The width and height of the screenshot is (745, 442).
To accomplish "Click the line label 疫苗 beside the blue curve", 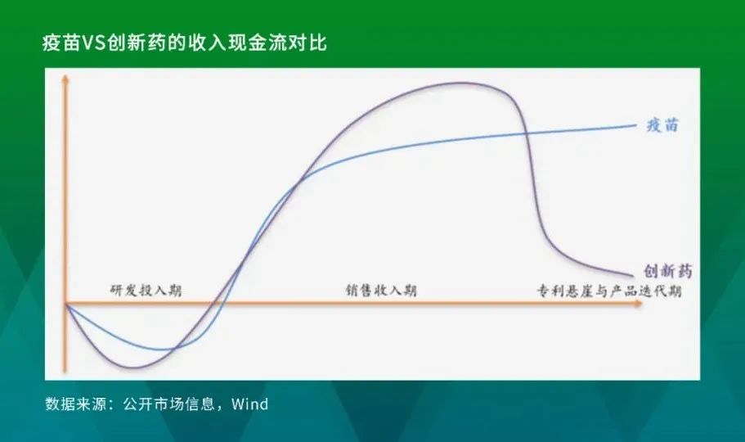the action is point(662,125).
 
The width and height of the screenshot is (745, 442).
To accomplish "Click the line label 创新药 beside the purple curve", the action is point(667,271).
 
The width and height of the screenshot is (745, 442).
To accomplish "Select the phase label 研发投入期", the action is point(146,291).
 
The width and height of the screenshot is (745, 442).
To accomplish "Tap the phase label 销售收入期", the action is point(381,291).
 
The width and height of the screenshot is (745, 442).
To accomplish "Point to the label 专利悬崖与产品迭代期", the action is point(609,291).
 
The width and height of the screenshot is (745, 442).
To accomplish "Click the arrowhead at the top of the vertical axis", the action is point(66,78).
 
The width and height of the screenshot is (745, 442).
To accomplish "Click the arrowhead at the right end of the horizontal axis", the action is point(639,304).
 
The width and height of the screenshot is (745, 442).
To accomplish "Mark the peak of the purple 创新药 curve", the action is point(460,83).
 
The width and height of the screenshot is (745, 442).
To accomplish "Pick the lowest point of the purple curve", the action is point(131,368).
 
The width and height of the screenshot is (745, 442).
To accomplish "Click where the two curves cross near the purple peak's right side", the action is point(527,133).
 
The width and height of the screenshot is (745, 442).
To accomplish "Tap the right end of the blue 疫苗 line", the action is point(635,125).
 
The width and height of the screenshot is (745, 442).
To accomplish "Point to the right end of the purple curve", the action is point(633,276).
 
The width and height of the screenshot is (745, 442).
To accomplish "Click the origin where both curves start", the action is point(66,304).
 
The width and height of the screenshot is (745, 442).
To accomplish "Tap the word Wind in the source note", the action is point(250,404).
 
